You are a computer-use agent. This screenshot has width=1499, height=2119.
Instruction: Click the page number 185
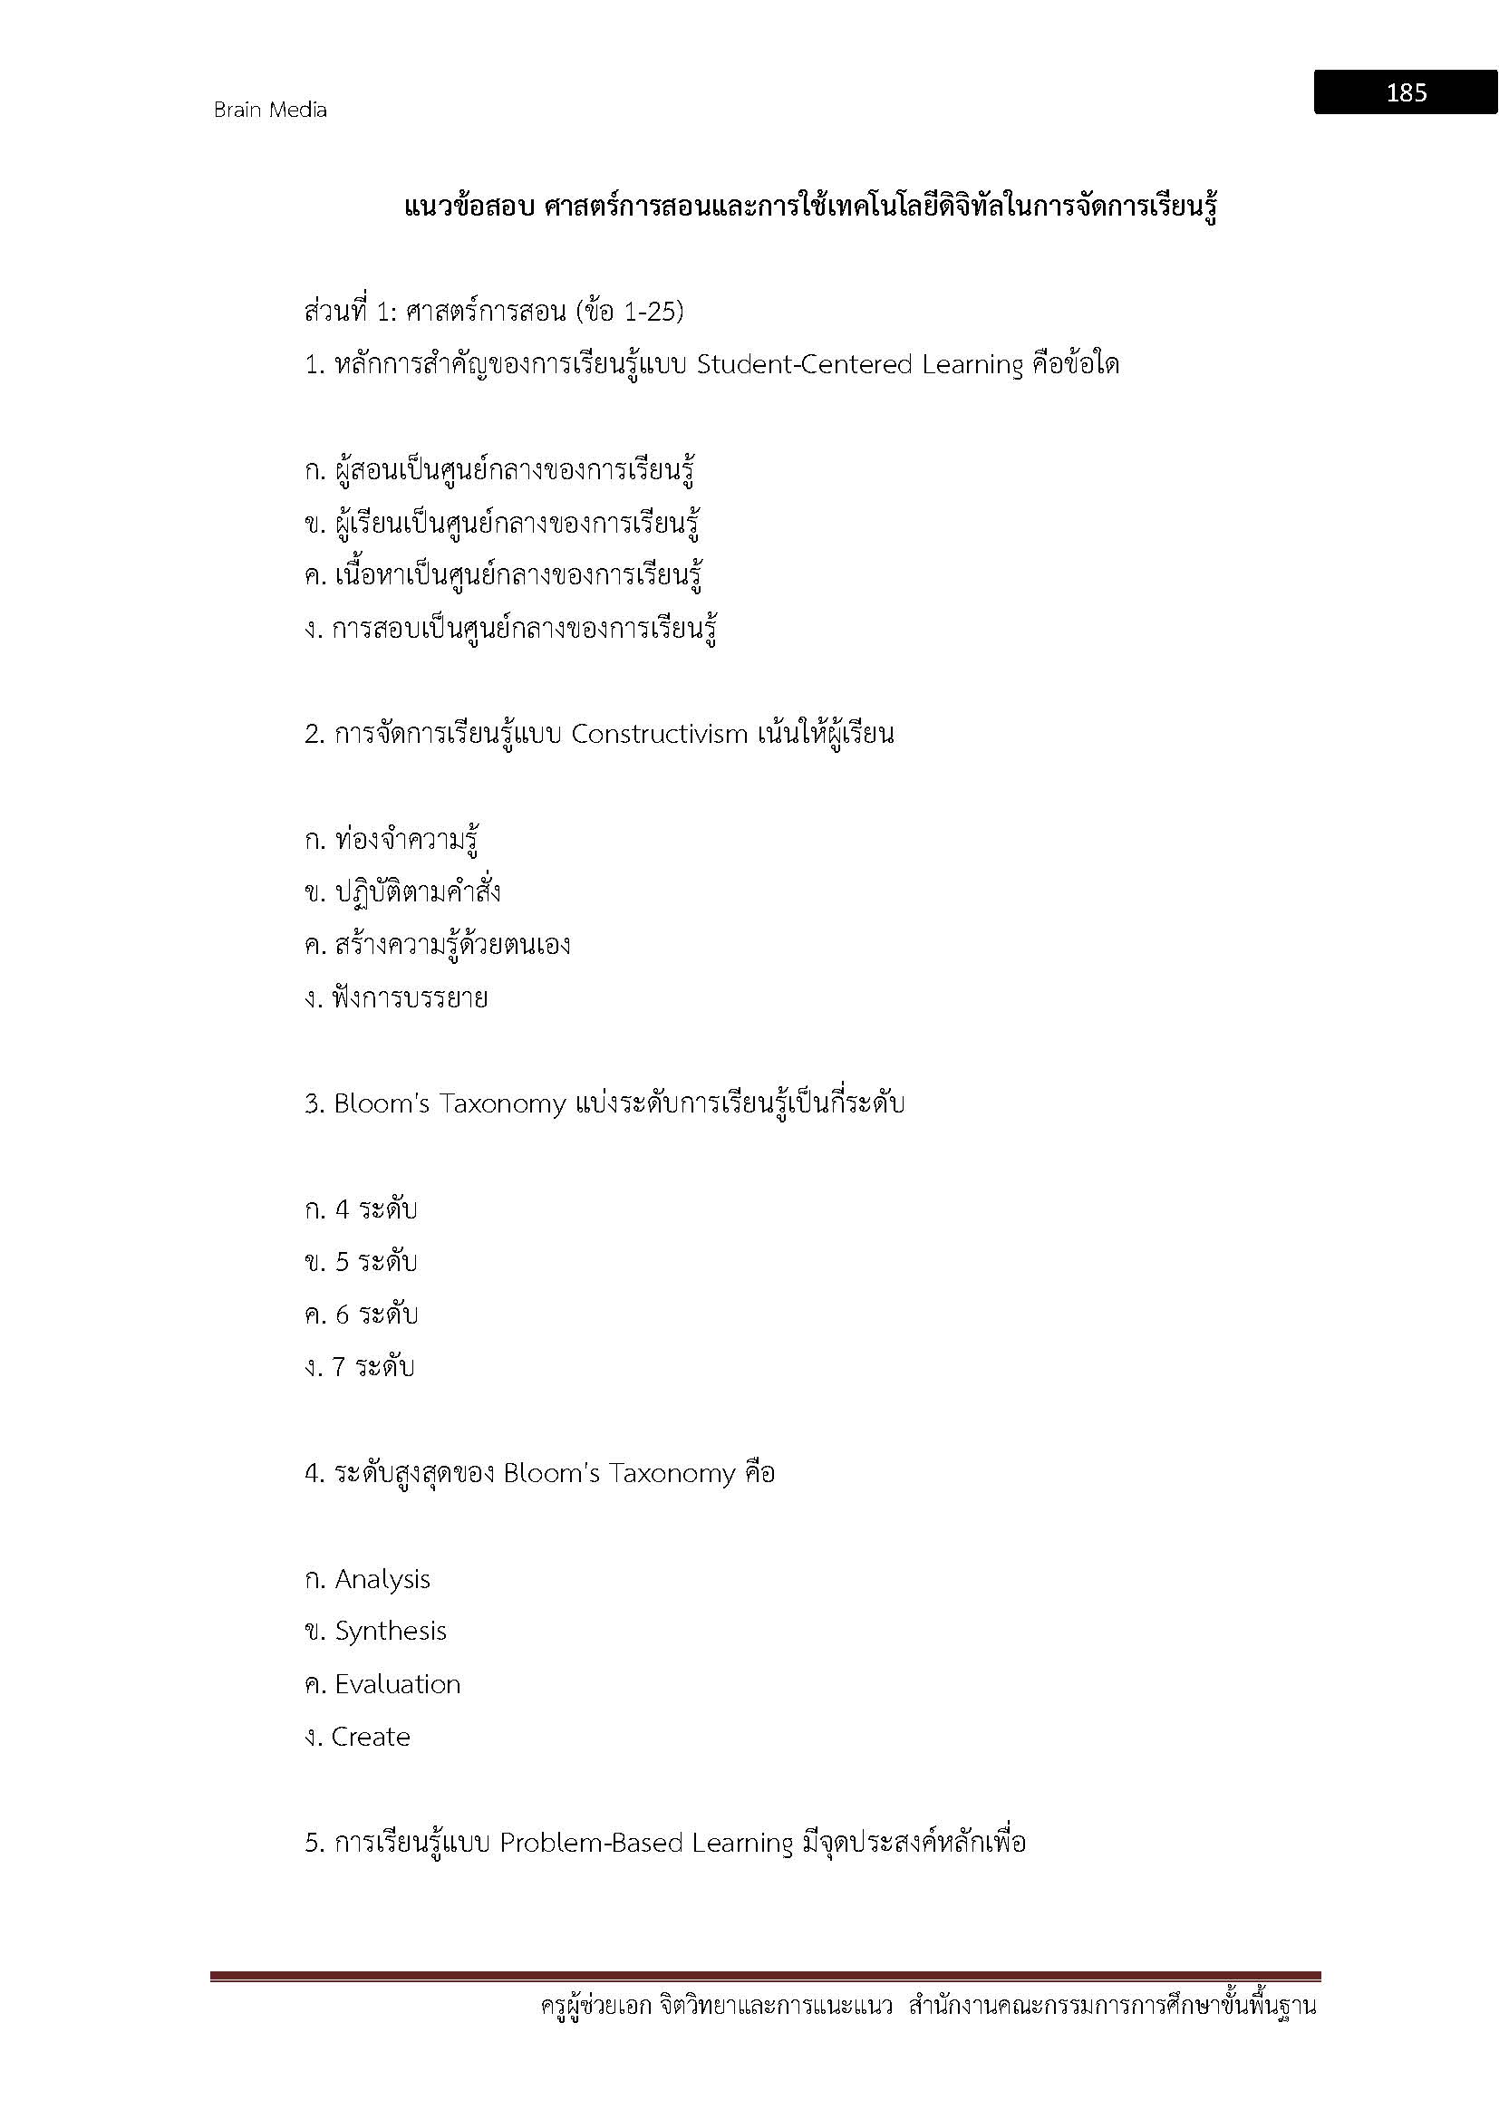tap(1406, 92)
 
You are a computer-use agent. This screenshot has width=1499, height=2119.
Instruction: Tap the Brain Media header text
tap(269, 110)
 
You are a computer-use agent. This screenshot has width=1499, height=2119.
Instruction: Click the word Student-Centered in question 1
tap(804, 364)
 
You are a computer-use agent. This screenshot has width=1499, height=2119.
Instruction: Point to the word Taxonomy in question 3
tap(503, 1103)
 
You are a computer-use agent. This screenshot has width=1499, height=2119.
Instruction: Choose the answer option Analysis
tap(382, 1579)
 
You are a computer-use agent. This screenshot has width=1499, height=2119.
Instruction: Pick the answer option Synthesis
tap(391, 1631)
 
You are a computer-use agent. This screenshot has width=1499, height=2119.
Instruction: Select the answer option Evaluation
tap(397, 1684)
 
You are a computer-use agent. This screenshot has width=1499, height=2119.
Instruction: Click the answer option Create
tap(370, 1737)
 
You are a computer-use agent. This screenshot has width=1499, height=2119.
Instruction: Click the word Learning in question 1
tap(972, 364)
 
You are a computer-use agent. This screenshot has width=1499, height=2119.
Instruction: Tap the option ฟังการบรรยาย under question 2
tap(410, 997)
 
